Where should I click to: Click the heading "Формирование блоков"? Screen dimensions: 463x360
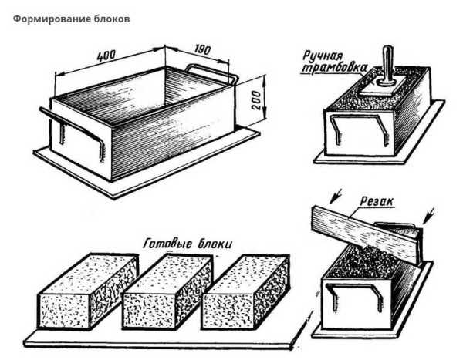pos(71,19)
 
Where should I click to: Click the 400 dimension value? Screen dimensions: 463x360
pos(106,56)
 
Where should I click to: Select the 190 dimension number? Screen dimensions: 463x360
pos(202,49)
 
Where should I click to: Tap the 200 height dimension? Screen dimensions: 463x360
pos(255,100)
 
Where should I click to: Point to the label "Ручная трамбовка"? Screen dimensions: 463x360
pos(333,62)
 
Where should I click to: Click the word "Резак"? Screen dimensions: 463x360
pos(377,201)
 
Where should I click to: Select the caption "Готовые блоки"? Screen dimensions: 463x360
pos(188,244)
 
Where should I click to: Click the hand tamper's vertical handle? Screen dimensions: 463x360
pos(387,66)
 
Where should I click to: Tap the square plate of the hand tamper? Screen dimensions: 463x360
pos(383,86)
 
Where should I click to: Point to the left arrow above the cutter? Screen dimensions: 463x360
pos(336,196)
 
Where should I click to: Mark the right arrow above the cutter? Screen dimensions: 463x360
pos(429,215)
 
